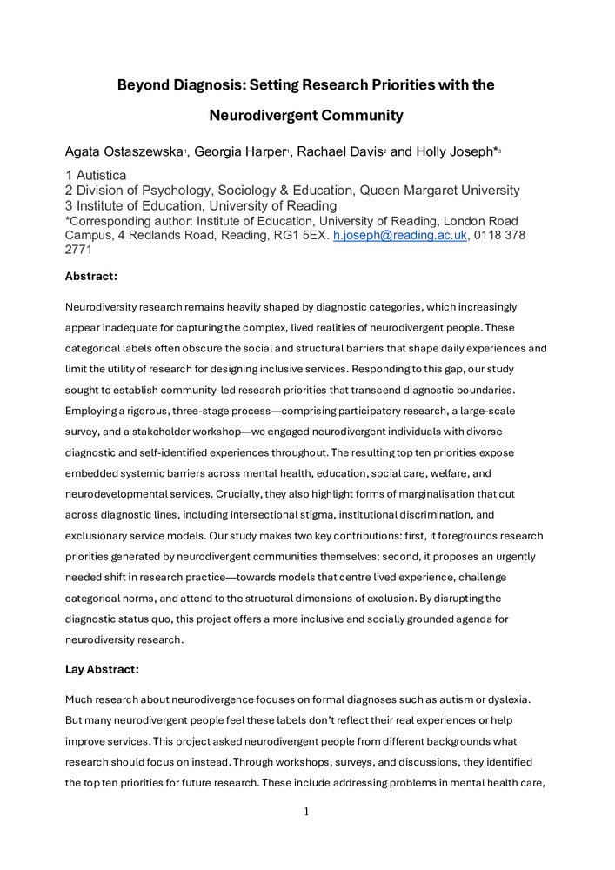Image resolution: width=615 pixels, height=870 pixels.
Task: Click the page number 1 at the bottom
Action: coord(307,812)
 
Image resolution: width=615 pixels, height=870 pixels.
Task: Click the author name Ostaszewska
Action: coord(141,152)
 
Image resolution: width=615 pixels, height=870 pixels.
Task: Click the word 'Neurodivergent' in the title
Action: coord(259,114)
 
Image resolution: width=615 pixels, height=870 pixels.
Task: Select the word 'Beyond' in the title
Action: coord(144,85)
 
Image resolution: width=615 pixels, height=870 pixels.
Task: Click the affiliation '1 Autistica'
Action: coord(96,176)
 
